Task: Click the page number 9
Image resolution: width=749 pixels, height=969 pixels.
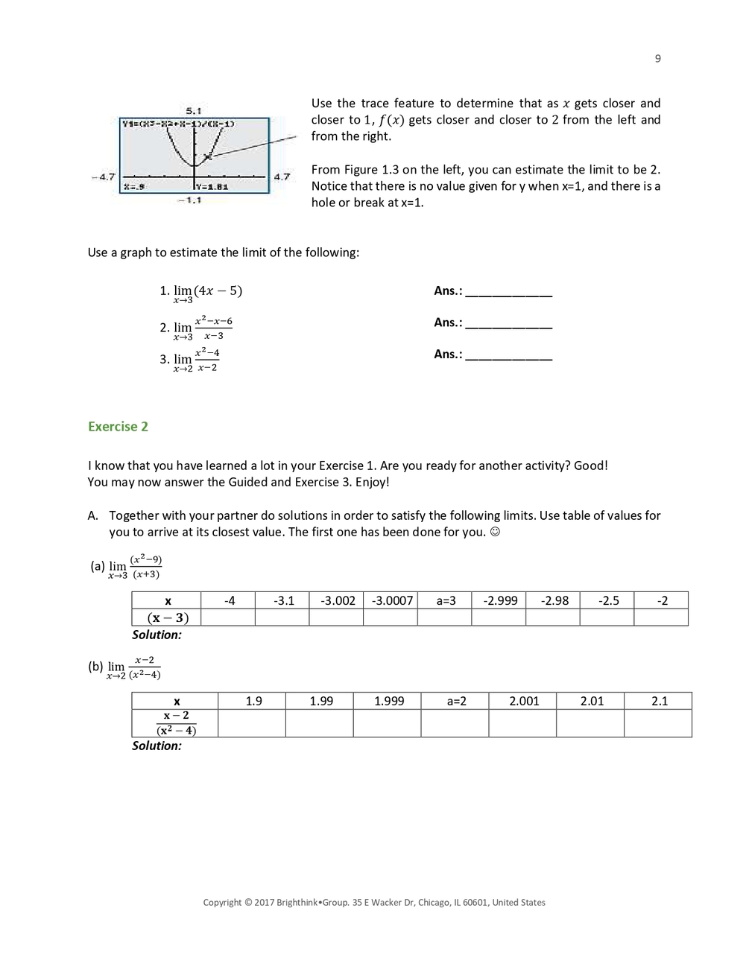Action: point(657,59)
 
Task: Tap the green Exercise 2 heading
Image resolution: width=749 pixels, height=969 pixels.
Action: point(118,427)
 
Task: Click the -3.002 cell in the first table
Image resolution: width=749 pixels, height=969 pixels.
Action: point(337,600)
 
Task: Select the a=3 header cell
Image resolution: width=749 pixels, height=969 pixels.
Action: point(445,600)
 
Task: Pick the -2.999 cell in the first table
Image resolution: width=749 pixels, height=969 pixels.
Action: point(499,600)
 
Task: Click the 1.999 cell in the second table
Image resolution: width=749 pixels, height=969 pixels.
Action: point(388,701)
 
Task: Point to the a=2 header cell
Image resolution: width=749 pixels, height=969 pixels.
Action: point(456,701)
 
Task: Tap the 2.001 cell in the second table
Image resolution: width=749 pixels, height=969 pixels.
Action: point(523,701)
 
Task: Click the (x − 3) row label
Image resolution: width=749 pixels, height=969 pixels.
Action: point(168,617)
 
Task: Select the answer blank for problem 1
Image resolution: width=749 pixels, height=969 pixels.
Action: point(508,292)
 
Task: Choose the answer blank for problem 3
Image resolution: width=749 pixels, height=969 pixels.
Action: point(508,355)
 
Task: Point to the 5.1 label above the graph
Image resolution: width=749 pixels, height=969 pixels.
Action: point(194,110)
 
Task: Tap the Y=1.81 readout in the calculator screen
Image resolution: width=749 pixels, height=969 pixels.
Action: point(213,187)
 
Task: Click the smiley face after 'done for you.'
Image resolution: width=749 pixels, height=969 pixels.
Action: point(495,532)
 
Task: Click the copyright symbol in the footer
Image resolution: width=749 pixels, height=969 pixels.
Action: point(248,903)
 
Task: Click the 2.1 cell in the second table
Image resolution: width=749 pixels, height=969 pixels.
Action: point(659,701)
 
